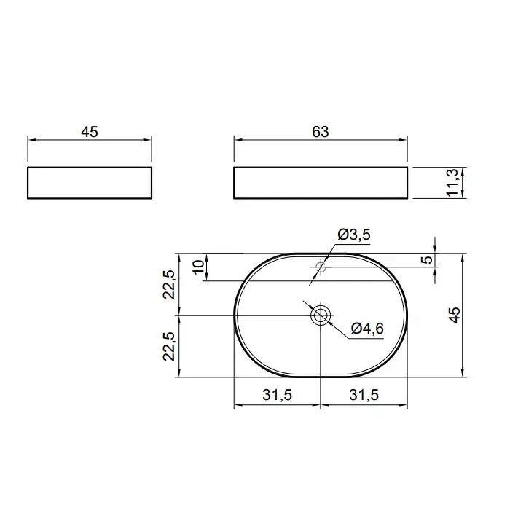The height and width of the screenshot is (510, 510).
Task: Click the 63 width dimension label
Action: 321,132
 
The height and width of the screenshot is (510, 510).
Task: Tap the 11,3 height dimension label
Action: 452,182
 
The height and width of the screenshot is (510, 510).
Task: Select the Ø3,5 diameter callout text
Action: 354,235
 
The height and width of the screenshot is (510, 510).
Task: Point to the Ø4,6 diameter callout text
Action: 367,329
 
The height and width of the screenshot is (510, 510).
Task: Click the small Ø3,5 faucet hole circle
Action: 321,267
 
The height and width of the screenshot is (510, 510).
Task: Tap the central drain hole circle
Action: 321,315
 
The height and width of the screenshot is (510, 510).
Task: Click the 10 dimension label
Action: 199,267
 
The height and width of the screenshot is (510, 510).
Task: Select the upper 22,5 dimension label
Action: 169,284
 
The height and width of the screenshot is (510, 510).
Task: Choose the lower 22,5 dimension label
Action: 169,346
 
